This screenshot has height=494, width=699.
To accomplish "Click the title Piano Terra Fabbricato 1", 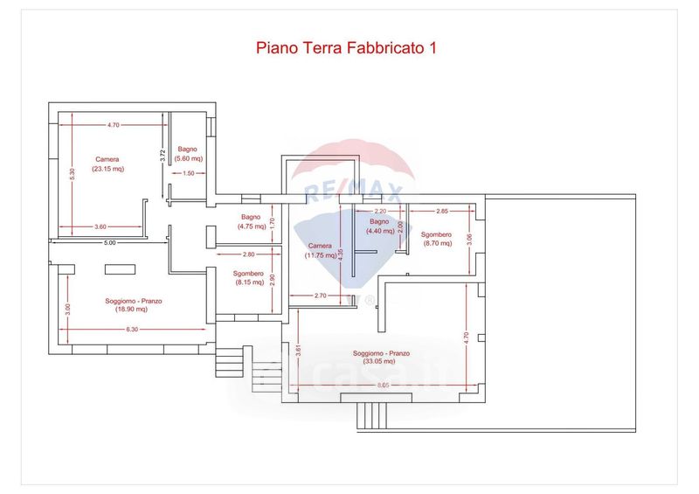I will click(x=345, y=48).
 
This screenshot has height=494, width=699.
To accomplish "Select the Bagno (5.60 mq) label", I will click(x=189, y=154).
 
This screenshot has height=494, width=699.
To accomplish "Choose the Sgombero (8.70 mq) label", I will click(x=436, y=239).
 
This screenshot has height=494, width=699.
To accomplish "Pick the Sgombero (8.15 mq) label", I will click(x=249, y=278).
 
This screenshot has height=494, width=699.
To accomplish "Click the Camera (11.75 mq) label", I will click(x=320, y=251).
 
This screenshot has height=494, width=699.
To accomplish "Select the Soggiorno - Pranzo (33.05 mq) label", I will click(x=382, y=358).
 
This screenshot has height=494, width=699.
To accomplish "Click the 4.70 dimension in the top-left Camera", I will click(x=113, y=125).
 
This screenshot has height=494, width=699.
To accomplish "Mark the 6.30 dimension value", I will click(x=132, y=329).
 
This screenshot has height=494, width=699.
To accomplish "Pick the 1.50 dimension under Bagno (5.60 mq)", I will click(x=189, y=173).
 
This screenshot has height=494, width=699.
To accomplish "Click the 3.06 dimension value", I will click(x=470, y=237).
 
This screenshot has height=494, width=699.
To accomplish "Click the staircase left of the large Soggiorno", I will click(x=230, y=359).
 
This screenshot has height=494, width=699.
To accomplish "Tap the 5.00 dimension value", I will click(x=109, y=241).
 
